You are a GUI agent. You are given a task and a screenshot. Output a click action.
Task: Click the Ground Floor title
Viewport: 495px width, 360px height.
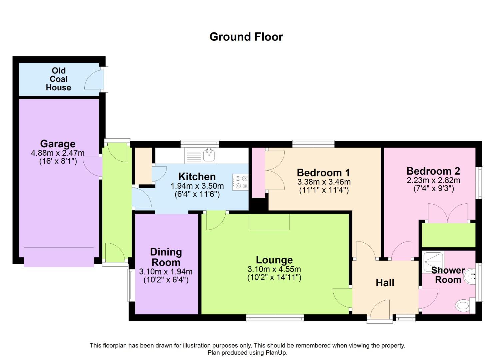coord(246,37)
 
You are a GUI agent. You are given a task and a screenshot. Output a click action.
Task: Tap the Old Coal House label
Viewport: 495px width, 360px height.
coord(59,79)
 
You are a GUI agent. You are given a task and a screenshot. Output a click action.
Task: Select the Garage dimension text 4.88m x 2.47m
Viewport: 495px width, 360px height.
coord(58,153)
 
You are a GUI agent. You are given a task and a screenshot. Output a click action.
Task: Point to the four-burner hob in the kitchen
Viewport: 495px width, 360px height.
coord(240,182)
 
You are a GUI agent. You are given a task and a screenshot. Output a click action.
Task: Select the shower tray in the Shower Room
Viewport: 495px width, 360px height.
coord(433,262)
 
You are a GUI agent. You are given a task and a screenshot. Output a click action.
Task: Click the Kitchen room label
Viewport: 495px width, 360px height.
coord(197,177)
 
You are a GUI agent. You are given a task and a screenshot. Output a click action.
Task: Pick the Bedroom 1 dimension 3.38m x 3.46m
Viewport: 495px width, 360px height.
coord(324,182)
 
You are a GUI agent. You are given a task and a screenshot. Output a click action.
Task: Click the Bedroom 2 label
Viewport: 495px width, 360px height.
coord(433,171)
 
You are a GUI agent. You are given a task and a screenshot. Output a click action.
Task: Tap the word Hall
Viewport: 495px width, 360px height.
coord(385,283)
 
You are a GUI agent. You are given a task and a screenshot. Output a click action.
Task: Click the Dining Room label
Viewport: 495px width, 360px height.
coord(166,257)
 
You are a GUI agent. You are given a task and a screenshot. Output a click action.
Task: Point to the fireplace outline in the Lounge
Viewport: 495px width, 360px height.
coord(269,222)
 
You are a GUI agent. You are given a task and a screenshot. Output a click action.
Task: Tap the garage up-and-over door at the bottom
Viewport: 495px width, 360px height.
coord(59,257)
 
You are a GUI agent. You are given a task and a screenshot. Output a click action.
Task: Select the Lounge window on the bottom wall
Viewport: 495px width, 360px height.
coord(275,318)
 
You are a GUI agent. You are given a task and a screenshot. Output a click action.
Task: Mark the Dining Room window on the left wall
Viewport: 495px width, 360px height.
coord(131,285)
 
